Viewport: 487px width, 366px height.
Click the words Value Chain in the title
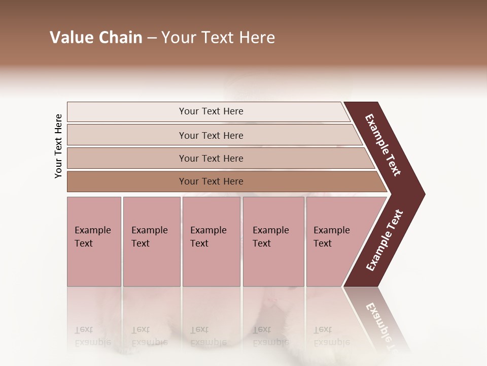[x=96, y=38]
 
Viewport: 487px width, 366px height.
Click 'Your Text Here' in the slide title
[x=218, y=38]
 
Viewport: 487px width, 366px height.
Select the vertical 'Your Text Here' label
[x=58, y=146]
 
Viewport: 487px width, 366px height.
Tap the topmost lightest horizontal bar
[x=127, y=112]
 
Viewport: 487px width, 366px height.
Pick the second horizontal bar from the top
[x=127, y=135]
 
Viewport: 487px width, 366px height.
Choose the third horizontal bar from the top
[x=127, y=158]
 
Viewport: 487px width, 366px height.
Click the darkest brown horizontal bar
[x=127, y=181]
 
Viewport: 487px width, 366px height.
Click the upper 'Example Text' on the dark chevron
[x=383, y=145]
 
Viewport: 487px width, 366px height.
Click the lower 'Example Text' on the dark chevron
[x=385, y=240]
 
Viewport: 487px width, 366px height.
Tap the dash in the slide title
[x=152, y=38]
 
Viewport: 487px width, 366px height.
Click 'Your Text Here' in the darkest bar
[x=211, y=181]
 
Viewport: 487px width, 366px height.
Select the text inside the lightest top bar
[x=211, y=111]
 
